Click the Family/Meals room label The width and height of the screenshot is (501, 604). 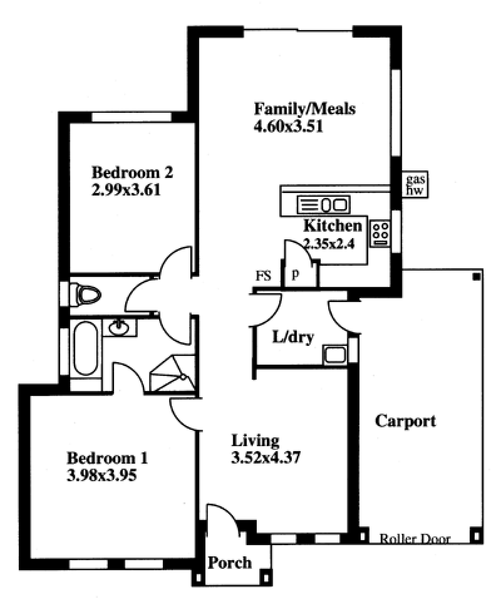coord(304,109)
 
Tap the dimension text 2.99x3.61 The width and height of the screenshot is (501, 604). coord(126,190)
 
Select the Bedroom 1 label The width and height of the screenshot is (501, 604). coord(108,458)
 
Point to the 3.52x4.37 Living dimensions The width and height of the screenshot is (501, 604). coord(266,457)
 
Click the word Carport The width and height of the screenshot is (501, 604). coord(406,421)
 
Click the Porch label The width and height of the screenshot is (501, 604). coord(230,563)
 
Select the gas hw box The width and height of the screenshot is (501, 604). coord(415,184)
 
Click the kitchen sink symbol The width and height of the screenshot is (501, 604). coord(324,204)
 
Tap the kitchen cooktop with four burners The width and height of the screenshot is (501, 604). coord(380,233)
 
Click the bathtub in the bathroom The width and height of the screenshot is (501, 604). coord(86,348)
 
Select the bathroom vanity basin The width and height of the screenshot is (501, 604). coord(120,328)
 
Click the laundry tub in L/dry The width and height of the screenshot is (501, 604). coord(334,355)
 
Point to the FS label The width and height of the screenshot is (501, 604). coord(264,276)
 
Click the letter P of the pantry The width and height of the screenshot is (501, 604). coord(296,275)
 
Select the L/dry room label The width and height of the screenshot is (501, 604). coord(293,337)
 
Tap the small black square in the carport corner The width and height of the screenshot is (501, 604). coord(477,276)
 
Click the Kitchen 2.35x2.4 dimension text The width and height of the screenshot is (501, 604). coord(329,244)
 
